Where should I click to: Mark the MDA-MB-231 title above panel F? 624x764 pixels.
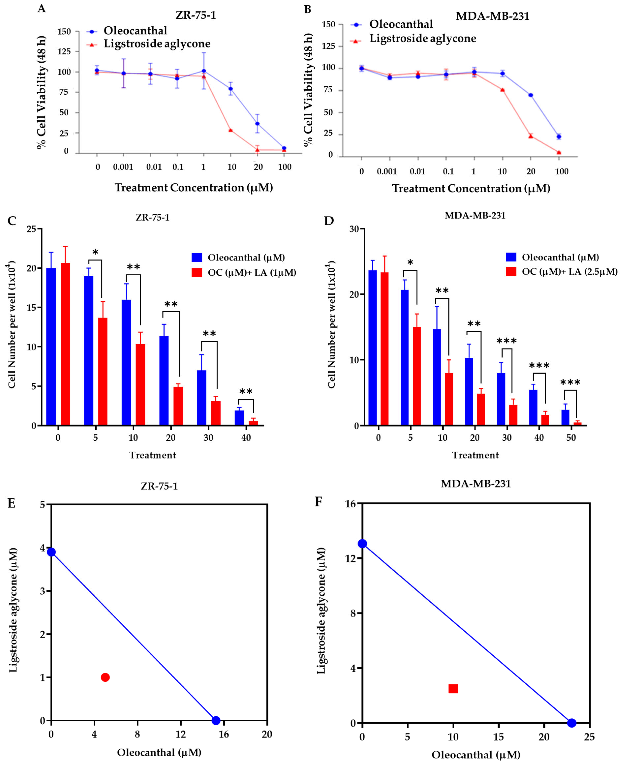(x=476, y=484)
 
